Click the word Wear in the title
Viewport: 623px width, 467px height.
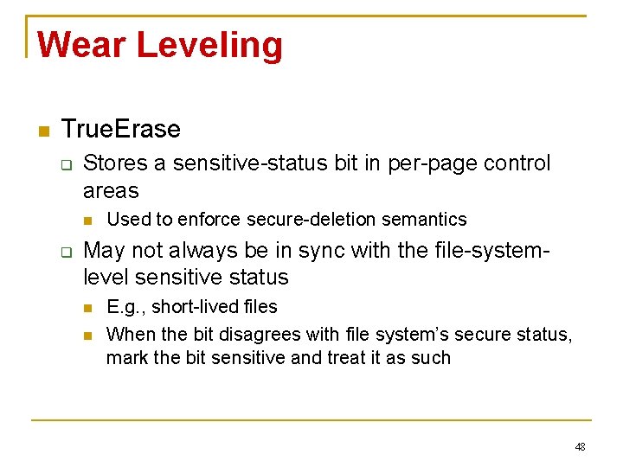(82, 44)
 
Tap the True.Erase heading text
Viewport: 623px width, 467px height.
(121, 130)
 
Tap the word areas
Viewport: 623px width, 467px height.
(111, 189)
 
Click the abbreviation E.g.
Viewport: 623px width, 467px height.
(122, 307)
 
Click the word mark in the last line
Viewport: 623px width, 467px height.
(125, 358)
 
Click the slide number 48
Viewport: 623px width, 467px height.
(580, 446)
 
